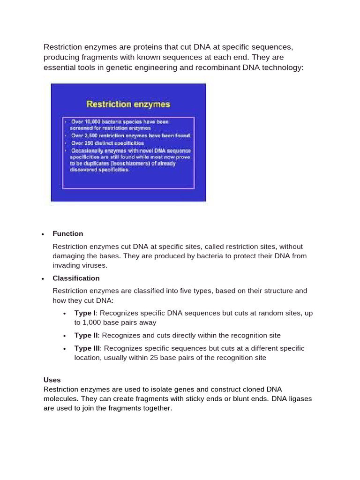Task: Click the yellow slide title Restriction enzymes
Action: click(128, 104)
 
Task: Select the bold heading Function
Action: click(67, 233)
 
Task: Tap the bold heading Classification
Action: click(76, 278)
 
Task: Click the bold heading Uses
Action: click(52, 380)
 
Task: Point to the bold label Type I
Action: click(85, 313)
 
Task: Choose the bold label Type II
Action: click(86, 335)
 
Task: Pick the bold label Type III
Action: click(87, 348)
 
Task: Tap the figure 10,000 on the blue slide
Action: click(93, 122)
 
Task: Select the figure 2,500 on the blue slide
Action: click(93, 136)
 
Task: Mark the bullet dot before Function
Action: click(43, 234)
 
